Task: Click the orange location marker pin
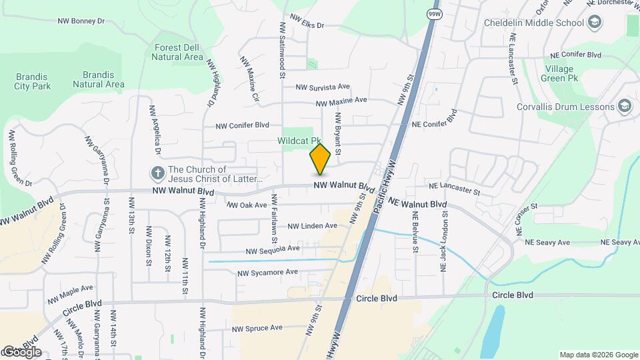320,159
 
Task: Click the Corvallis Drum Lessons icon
625,107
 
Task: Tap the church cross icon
158,174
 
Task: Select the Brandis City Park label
32,81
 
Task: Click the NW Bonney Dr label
81,21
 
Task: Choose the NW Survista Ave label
323,87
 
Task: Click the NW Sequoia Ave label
273,250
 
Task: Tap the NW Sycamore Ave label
267,272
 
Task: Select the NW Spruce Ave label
257,328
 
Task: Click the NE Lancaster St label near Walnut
454,191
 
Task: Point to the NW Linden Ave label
312,227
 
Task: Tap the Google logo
22,352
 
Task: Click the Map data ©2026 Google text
598,355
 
